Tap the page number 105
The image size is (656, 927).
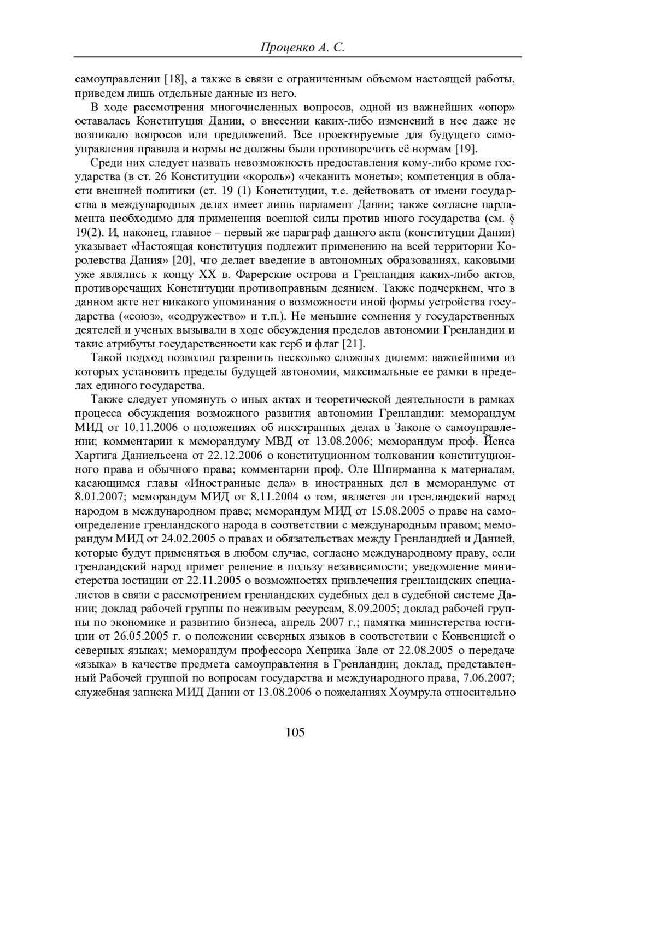click(x=295, y=733)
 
